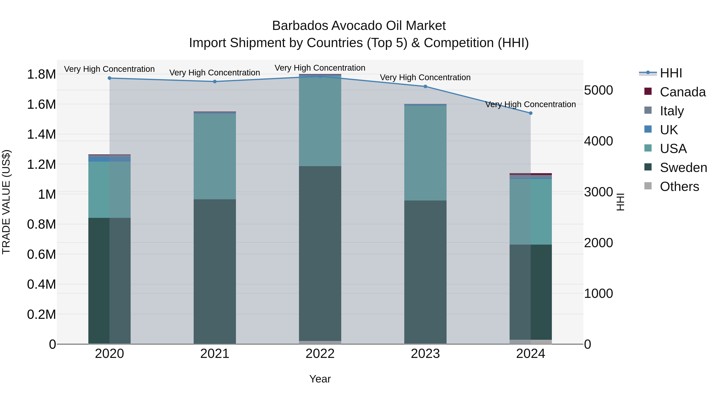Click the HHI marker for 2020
109,78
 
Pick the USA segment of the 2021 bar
215,156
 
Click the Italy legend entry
672,111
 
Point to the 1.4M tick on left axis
41,134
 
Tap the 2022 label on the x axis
320,354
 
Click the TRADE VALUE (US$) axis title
6,202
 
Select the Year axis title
320,379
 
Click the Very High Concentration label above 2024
530,104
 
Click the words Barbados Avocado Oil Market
359,26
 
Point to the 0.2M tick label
41,314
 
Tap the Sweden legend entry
683,168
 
